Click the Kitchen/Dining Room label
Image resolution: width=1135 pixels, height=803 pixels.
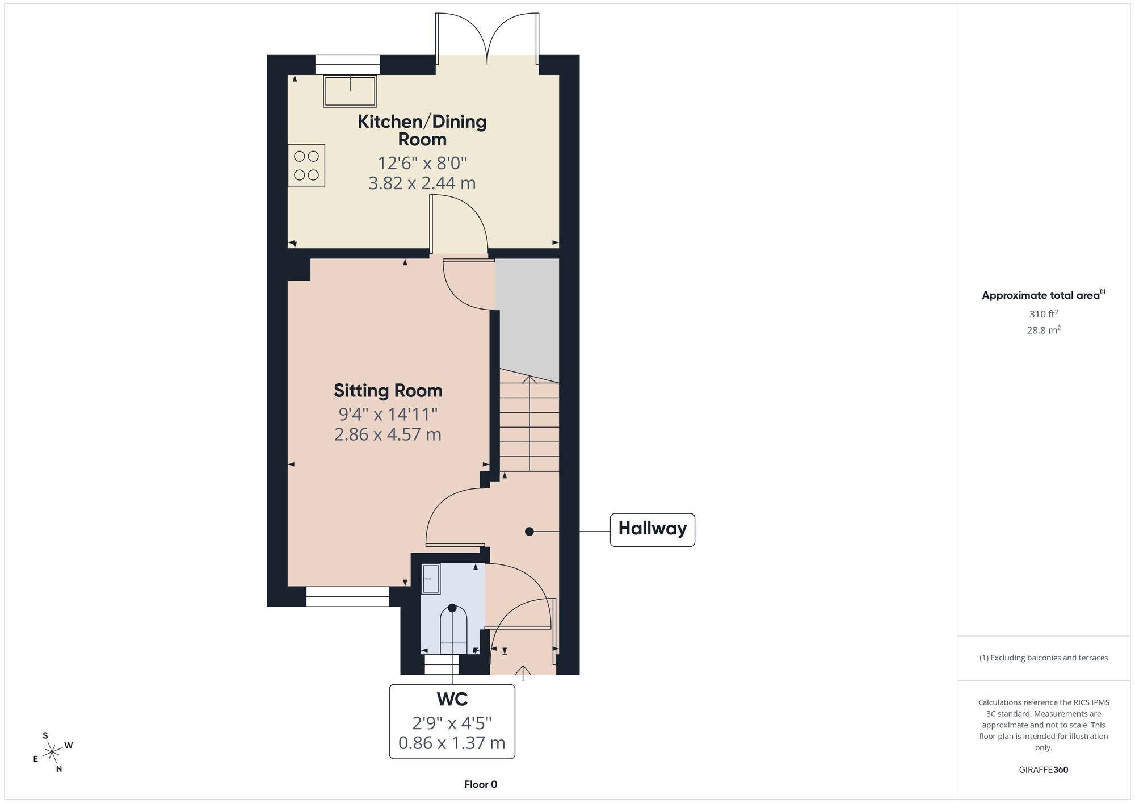pyautogui.click(x=422, y=130)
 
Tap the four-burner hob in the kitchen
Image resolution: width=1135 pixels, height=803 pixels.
pyautogui.click(x=306, y=165)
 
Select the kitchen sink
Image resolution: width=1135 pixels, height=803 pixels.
pyautogui.click(x=350, y=91)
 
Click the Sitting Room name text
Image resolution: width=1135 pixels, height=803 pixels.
pyautogui.click(x=388, y=391)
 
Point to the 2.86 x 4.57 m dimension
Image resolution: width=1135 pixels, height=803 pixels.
pyautogui.click(x=388, y=434)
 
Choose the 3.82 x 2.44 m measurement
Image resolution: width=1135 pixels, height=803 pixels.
pyautogui.click(x=422, y=183)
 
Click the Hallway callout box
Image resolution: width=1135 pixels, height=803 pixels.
pyautogui.click(x=653, y=530)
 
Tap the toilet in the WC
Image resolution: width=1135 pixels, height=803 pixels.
pyautogui.click(x=453, y=630)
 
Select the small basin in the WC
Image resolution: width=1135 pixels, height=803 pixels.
pyautogui.click(x=431, y=579)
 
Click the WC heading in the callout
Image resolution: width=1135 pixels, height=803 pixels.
pyautogui.click(x=452, y=699)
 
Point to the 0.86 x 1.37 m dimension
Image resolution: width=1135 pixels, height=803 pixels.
pyautogui.click(x=452, y=743)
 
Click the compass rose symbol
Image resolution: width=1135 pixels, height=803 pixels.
pyautogui.click(x=53, y=752)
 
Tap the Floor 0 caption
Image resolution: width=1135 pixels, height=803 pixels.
pyautogui.click(x=481, y=784)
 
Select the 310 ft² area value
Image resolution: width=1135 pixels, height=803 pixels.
pyautogui.click(x=1043, y=313)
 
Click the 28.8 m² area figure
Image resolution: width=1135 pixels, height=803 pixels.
pyautogui.click(x=1043, y=330)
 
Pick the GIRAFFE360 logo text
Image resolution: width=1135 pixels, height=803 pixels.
pyautogui.click(x=1043, y=770)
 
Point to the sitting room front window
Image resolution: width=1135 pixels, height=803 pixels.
pyautogui.click(x=348, y=596)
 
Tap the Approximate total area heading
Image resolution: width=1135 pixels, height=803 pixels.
pyautogui.click(x=1043, y=295)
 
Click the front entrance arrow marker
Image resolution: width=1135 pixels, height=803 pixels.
pyautogui.click(x=523, y=673)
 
